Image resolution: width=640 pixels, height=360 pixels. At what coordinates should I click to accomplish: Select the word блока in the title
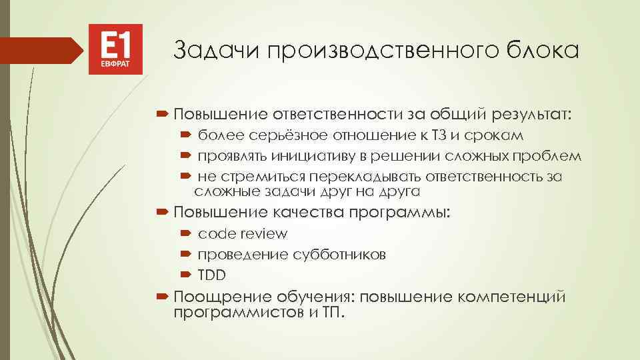546,49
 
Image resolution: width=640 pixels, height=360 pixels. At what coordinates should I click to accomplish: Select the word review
265,234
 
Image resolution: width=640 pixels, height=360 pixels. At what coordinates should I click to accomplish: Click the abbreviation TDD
212,275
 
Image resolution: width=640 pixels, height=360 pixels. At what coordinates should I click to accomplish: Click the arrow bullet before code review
185,234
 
